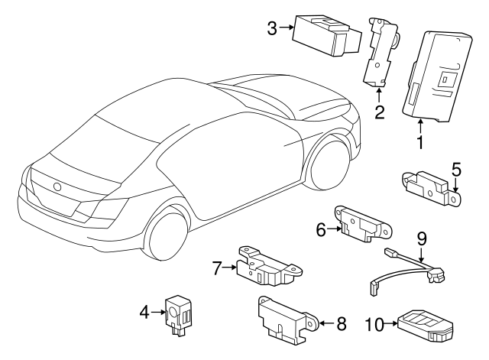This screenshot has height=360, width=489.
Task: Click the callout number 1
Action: pyautogui.click(x=420, y=143)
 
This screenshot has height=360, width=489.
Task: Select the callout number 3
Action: pyautogui.click(x=272, y=29)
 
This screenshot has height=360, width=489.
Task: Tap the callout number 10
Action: pyautogui.click(x=374, y=324)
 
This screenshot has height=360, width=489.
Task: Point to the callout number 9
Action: pyautogui.click(x=421, y=238)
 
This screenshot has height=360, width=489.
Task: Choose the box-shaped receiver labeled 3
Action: pyautogui.click(x=327, y=36)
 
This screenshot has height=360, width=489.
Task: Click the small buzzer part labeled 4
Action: pyautogui.click(x=178, y=315)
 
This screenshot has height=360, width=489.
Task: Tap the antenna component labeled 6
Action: pyautogui.click(x=364, y=224)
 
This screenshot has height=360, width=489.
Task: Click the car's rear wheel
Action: pyautogui.click(x=167, y=233)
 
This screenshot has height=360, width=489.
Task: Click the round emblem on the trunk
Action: pyautogui.click(x=57, y=186)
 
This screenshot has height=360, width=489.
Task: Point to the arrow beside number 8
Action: pyautogui.click(x=326, y=323)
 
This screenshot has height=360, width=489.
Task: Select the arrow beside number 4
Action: pyautogui.click(x=158, y=312)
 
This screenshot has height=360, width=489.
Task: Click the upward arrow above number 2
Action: pyautogui.click(x=379, y=96)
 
